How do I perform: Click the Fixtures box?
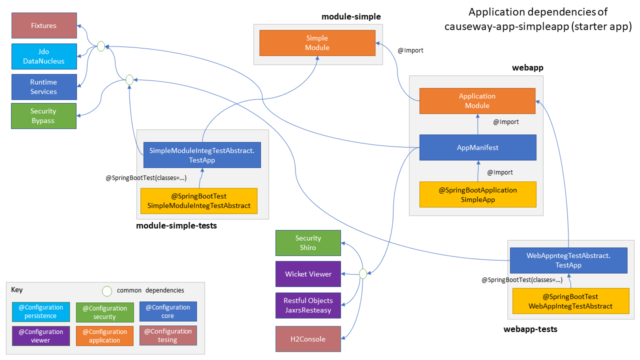[44, 25]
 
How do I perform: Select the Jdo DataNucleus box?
[44, 56]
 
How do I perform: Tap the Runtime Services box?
[44, 86]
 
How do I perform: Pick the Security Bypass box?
[43, 116]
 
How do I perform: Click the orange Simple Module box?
[317, 42]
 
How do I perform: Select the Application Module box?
[477, 100]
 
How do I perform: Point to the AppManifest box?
[477, 147]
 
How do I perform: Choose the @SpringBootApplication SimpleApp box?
[477, 195]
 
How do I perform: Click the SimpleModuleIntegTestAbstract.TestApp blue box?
[202, 155]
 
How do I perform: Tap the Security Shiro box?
[308, 243]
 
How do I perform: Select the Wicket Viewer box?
[308, 274]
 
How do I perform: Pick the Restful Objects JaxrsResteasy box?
[308, 305]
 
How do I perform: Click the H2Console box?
[308, 339]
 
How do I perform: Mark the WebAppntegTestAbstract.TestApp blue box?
[568, 260]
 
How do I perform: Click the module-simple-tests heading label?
[176, 226]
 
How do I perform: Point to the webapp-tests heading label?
[530, 329]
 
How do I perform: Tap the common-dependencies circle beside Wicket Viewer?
[363, 273]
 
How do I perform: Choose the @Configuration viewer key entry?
[40, 336]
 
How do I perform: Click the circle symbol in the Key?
[106, 290]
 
